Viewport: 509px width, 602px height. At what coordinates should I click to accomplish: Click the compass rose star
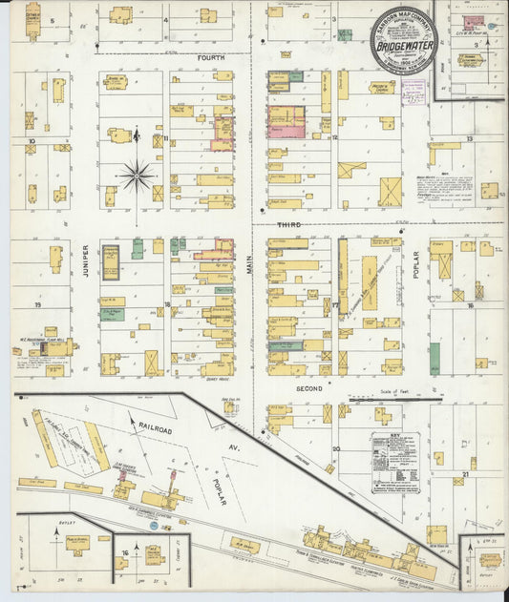138,176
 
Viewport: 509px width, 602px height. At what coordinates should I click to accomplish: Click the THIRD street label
289,225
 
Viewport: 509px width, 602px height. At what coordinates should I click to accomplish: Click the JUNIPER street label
85,258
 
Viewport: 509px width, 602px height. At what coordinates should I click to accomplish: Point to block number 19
36,304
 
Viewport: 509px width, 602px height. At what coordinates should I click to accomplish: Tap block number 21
465,472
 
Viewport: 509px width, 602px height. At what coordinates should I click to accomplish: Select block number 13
469,139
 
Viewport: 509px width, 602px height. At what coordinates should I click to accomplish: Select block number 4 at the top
164,19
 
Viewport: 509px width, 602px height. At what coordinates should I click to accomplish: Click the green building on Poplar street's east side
435,358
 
